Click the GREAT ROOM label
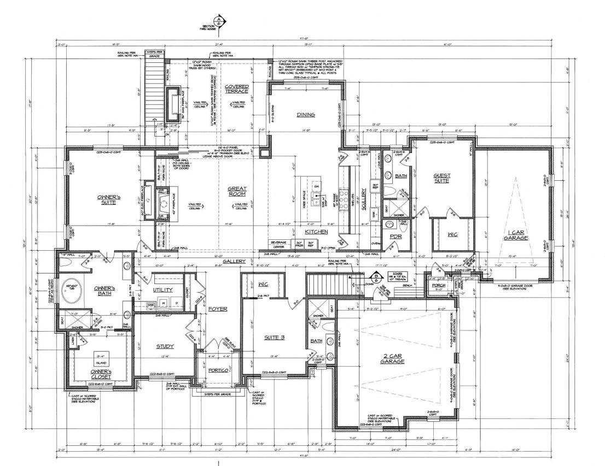click(237, 191)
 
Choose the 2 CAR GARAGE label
click(392, 358)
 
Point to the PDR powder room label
click(395, 237)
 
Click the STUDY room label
click(165, 346)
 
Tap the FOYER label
click(218, 309)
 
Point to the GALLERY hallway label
click(235, 262)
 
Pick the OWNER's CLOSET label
click(101, 374)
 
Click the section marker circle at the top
click(219, 21)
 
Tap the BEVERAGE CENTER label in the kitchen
click(279, 245)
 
